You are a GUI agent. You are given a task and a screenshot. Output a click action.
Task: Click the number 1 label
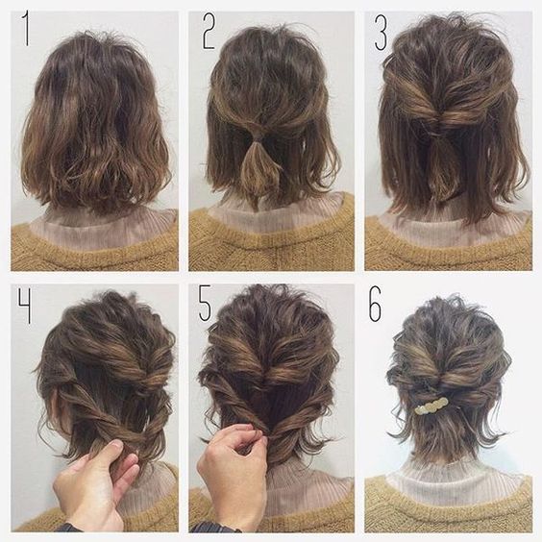25,29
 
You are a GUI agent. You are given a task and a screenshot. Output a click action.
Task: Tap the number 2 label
209,32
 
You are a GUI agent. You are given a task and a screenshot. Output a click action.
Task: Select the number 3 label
381,33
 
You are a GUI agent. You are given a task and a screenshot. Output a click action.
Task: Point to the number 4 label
25,307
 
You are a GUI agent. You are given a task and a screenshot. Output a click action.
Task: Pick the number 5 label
205,303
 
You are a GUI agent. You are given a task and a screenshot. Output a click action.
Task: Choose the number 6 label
375,304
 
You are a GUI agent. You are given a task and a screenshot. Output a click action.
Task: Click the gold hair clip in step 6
431,406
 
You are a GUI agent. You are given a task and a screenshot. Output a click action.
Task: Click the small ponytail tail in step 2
259,173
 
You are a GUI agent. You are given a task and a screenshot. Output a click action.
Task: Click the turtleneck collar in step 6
456,480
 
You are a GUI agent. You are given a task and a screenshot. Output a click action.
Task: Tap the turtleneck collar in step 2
273,214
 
